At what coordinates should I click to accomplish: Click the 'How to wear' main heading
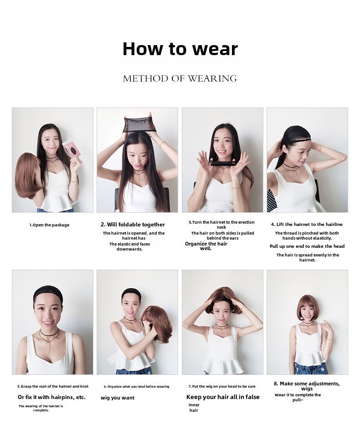coord(180,49)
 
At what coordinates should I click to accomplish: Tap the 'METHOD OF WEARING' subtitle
coord(180,79)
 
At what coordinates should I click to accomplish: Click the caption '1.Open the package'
coord(49,225)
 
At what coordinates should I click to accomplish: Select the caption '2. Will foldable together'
coord(133,225)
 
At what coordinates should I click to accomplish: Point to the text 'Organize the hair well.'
coord(206,246)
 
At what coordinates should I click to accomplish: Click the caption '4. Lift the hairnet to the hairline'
coord(307,225)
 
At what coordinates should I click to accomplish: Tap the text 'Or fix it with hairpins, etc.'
coord(52,397)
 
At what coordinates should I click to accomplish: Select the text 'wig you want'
coord(118,398)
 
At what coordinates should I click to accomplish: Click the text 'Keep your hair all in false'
coord(223,397)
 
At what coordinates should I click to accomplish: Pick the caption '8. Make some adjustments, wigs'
coord(307,386)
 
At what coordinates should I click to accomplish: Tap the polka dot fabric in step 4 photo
coord(272,200)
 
